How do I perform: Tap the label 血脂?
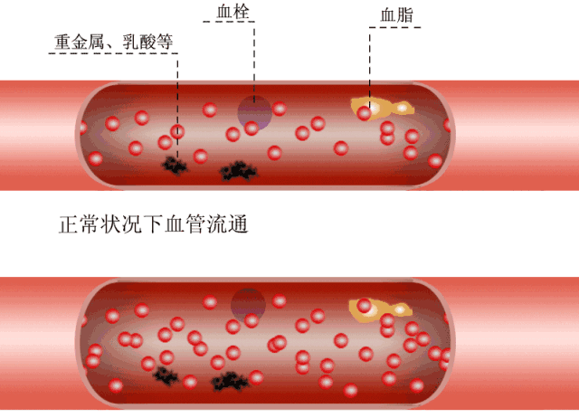click(395, 15)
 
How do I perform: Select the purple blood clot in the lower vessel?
click(247, 304)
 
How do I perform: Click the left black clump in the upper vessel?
click(174, 164)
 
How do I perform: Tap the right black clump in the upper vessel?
click(239, 169)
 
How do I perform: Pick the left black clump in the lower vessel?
click(165, 373)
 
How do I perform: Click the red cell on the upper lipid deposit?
click(365, 113)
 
